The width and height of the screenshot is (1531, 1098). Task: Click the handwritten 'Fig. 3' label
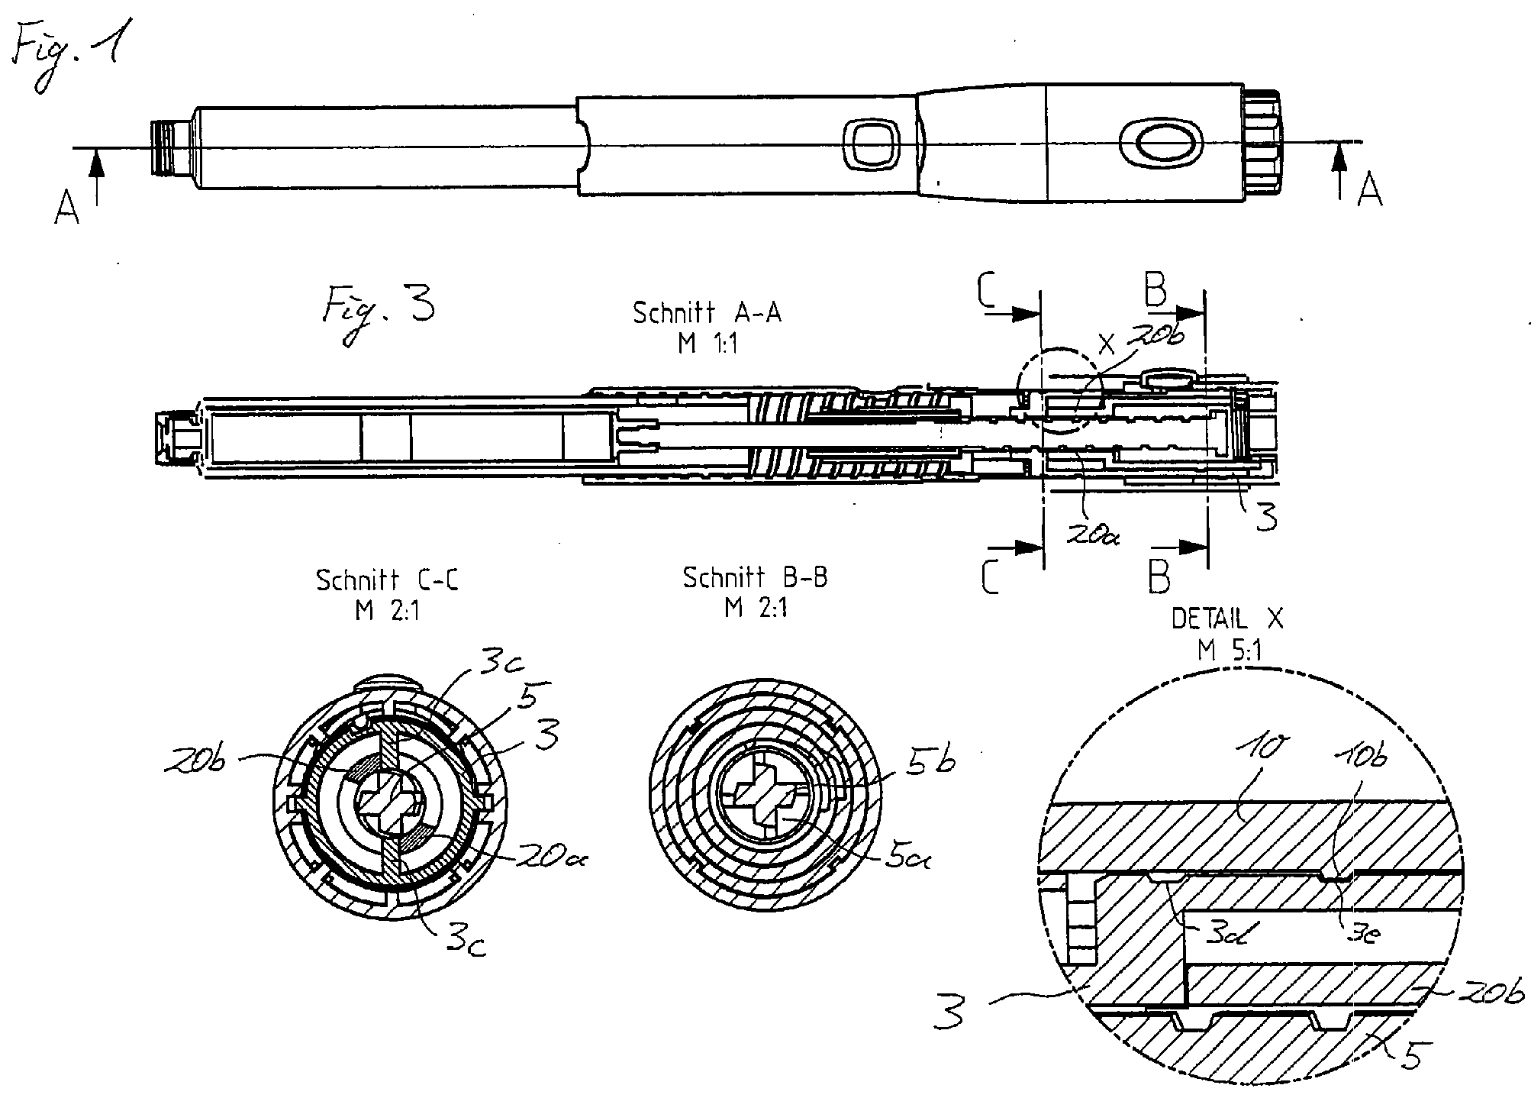378,313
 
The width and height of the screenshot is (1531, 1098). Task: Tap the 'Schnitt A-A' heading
707,313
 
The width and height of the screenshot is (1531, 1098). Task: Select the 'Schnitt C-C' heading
387,580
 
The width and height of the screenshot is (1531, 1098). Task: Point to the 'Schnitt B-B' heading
755,578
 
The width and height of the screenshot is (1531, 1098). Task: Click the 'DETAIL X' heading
1227,618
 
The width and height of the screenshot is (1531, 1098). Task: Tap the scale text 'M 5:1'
1229,651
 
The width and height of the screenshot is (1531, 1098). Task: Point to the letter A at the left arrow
66,208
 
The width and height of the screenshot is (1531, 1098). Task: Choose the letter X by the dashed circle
1106,344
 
